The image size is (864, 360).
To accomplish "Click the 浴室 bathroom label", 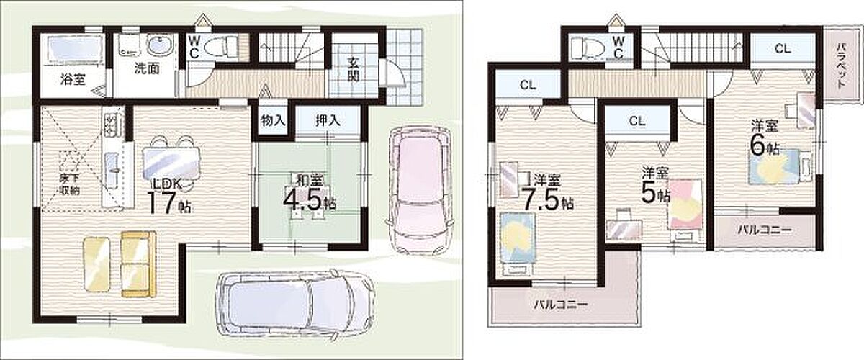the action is click(x=73, y=80).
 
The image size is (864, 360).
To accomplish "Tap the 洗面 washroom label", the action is click(x=147, y=68).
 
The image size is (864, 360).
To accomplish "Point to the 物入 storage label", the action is click(x=273, y=121).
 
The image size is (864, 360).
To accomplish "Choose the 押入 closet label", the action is click(x=328, y=121).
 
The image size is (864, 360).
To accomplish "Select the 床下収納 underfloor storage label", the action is click(x=69, y=184).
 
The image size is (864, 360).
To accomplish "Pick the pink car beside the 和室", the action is click(x=420, y=189).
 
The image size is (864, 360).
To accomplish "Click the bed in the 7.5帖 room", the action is click(x=517, y=244).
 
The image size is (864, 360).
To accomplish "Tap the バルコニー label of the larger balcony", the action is click(x=561, y=305).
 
